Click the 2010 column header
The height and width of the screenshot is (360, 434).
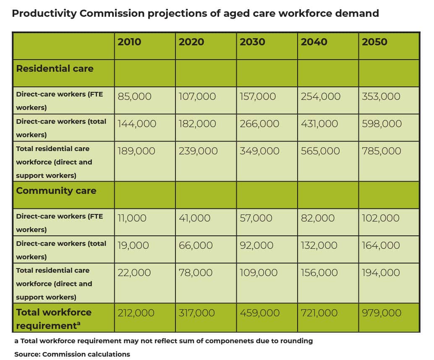(x=129, y=42)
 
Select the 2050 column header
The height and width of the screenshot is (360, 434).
(x=374, y=42)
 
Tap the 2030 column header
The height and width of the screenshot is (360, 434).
(x=252, y=42)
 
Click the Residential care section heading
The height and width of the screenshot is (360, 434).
(x=55, y=69)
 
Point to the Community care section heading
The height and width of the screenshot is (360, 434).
(x=56, y=191)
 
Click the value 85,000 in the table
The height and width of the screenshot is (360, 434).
(x=134, y=97)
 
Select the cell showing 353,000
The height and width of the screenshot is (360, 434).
(x=381, y=97)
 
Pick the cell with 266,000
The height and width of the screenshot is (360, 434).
(x=259, y=124)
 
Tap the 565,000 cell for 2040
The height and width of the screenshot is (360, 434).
(x=320, y=151)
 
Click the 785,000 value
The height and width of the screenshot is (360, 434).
(x=382, y=151)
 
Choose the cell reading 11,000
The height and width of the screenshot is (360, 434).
(x=132, y=218)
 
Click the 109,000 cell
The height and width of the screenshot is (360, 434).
(x=259, y=273)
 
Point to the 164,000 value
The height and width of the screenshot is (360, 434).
(x=381, y=245)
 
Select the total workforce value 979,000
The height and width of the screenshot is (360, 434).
(x=382, y=313)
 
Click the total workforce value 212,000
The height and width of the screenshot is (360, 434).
(x=136, y=313)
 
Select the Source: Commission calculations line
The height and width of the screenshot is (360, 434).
(x=72, y=354)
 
